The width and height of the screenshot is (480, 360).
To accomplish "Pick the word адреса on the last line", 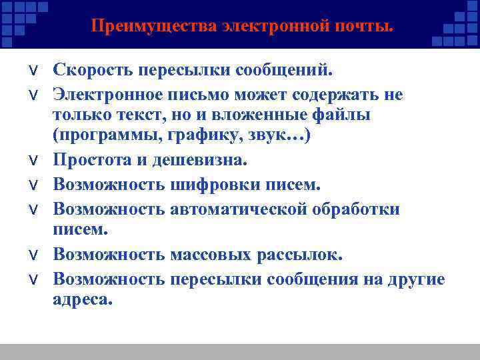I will (81, 300).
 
